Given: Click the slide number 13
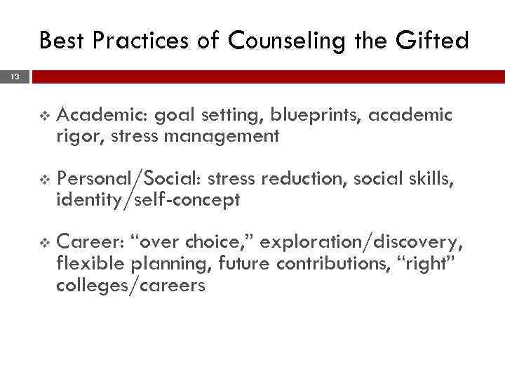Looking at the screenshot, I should pos(15,77).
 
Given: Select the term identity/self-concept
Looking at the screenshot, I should pos(149,200).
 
